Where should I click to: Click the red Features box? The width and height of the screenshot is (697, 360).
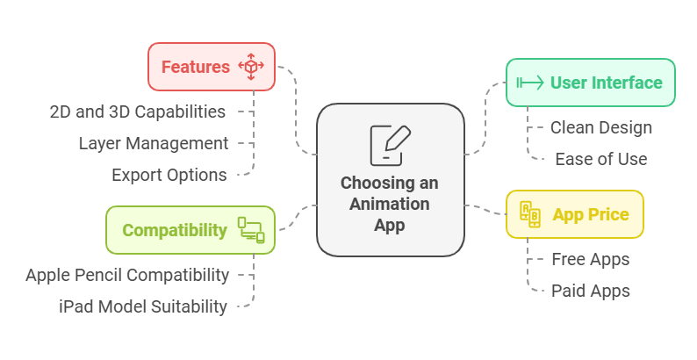(x=211, y=67)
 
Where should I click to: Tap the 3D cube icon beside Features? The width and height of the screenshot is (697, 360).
(x=251, y=67)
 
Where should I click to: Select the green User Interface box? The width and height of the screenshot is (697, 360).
(x=590, y=83)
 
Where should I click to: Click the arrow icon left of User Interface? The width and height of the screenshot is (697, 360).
(x=530, y=83)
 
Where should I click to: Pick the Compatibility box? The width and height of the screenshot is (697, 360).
(x=190, y=230)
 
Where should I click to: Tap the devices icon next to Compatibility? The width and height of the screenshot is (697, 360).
(x=250, y=230)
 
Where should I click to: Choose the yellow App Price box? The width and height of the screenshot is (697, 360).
(x=574, y=214)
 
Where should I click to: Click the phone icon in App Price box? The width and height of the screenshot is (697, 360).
(x=530, y=214)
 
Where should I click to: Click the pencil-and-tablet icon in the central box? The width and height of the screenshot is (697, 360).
(x=390, y=145)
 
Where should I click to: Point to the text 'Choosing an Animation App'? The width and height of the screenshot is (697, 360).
(x=390, y=204)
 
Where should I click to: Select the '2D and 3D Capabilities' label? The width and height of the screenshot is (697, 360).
(x=138, y=112)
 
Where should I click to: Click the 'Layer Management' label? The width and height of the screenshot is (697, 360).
(x=154, y=143)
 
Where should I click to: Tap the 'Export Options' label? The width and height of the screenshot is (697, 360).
(x=169, y=175)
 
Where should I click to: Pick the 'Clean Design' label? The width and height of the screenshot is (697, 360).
(x=601, y=127)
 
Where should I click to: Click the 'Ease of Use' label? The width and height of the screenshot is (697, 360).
(x=601, y=159)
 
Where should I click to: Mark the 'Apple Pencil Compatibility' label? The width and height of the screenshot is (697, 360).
(x=127, y=275)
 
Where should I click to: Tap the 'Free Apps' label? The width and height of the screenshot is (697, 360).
(x=591, y=259)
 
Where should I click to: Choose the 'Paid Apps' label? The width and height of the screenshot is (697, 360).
(x=591, y=291)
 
